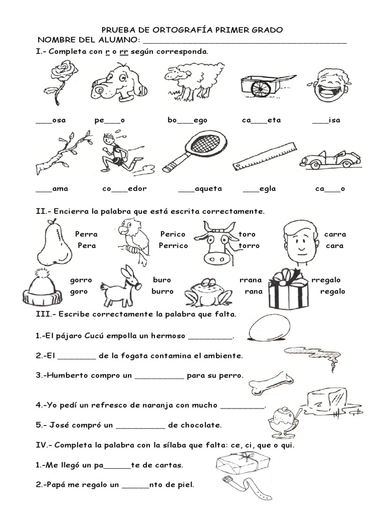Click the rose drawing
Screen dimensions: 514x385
[59, 80]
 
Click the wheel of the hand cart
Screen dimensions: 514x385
[260, 88]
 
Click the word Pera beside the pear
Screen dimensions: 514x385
[87, 246]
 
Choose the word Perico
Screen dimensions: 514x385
[172, 234]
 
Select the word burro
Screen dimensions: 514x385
[162, 291]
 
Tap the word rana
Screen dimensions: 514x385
[254, 291]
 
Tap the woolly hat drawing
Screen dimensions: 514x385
[42, 289]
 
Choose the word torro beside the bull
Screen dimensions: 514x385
[249, 246]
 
